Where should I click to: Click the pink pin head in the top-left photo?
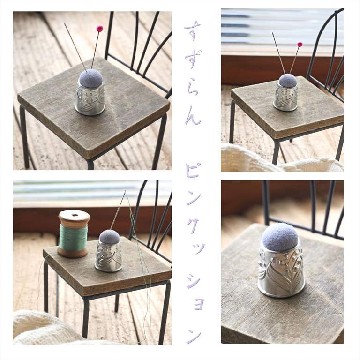100,29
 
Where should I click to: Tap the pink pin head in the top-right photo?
300,44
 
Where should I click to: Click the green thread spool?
74,234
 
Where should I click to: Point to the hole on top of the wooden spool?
74,215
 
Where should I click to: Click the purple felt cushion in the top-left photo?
90,78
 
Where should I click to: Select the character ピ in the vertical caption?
192,171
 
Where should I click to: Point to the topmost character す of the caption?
192,30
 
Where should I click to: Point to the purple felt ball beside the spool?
110,237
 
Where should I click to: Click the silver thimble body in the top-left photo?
90,99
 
